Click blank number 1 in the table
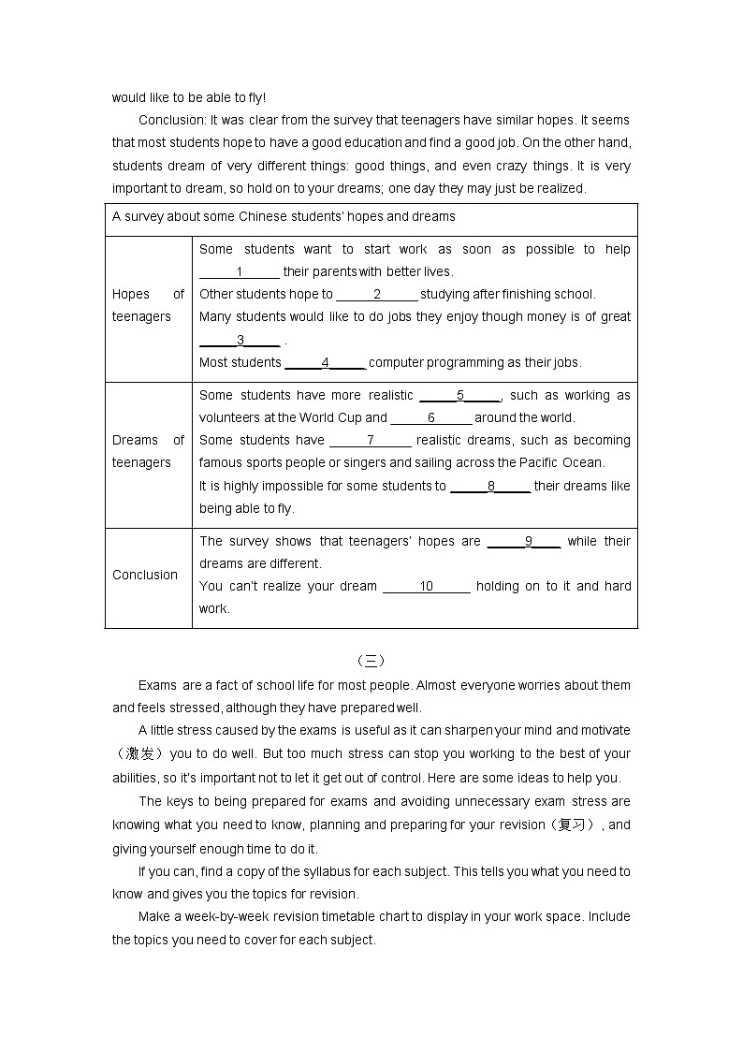click(x=240, y=272)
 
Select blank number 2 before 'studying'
click(x=376, y=295)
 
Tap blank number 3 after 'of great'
click(x=240, y=341)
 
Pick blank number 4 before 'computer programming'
click(x=325, y=363)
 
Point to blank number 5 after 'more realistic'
click(x=460, y=396)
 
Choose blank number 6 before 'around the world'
click(x=431, y=418)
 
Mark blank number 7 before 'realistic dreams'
click(x=371, y=441)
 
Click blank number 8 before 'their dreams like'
click(x=490, y=487)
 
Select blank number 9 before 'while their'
click(x=528, y=542)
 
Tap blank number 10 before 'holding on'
click(x=427, y=587)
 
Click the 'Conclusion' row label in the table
click(x=145, y=576)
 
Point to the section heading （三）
click(x=371, y=661)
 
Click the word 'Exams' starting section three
click(x=157, y=686)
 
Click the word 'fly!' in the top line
click(x=255, y=97)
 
